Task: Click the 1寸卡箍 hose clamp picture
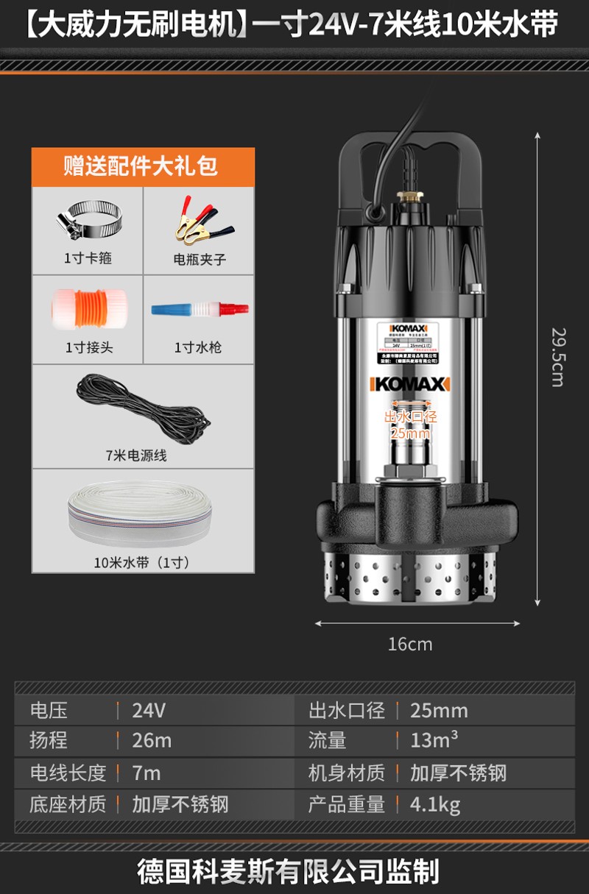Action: coord(87,221)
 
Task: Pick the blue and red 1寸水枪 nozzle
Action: coord(199,309)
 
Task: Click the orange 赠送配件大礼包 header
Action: coord(143,166)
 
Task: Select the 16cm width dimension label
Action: coord(410,645)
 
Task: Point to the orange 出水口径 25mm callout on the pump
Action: coord(411,425)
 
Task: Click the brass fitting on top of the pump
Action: coord(410,197)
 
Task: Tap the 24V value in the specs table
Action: coord(149,711)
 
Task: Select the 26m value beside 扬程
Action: coord(152,741)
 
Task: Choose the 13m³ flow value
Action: coord(434,740)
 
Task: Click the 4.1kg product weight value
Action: coord(435,804)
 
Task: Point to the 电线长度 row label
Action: coord(68,773)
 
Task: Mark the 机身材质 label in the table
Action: coord(346,773)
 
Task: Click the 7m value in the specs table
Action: coord(147,773)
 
